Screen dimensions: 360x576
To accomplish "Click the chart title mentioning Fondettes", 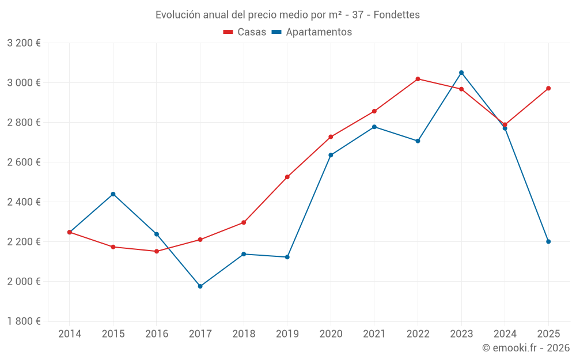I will (x=287, y=14).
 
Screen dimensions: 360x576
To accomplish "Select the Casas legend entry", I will (x=245, y=32).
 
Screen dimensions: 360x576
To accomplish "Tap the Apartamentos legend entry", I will (x=312, y=32).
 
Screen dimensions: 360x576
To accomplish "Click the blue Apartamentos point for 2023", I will (x=461, y=73).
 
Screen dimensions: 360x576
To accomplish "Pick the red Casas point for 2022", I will (x=418, y=79).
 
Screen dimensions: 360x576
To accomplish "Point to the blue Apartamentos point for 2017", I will (x=200, y=286).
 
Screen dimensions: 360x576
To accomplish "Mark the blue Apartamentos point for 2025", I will (x=548, y=241).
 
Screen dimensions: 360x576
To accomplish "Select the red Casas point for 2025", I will (x=548, y=88).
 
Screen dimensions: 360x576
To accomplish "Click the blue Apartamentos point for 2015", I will (x=113, y=194).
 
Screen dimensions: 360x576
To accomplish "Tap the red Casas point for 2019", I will (x=287, y=177).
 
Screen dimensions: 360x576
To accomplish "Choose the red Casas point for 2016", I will (x=157, y=251).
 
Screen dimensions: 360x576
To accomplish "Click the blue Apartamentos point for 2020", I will (x=331, y=155).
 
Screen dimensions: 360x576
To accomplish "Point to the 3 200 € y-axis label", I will (x=24, y=43).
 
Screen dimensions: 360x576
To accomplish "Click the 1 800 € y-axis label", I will (x=24, y=321).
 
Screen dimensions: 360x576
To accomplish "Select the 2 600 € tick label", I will (x=24, y=162).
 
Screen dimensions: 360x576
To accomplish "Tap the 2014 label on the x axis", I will (x=70, y=334).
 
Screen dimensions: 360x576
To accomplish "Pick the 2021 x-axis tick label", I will (x=374, y=334).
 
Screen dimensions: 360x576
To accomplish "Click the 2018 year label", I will (x=244, y=334).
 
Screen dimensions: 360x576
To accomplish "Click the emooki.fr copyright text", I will (x=526, y=348).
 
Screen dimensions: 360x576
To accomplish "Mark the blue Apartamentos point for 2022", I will (x=418, y=141).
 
